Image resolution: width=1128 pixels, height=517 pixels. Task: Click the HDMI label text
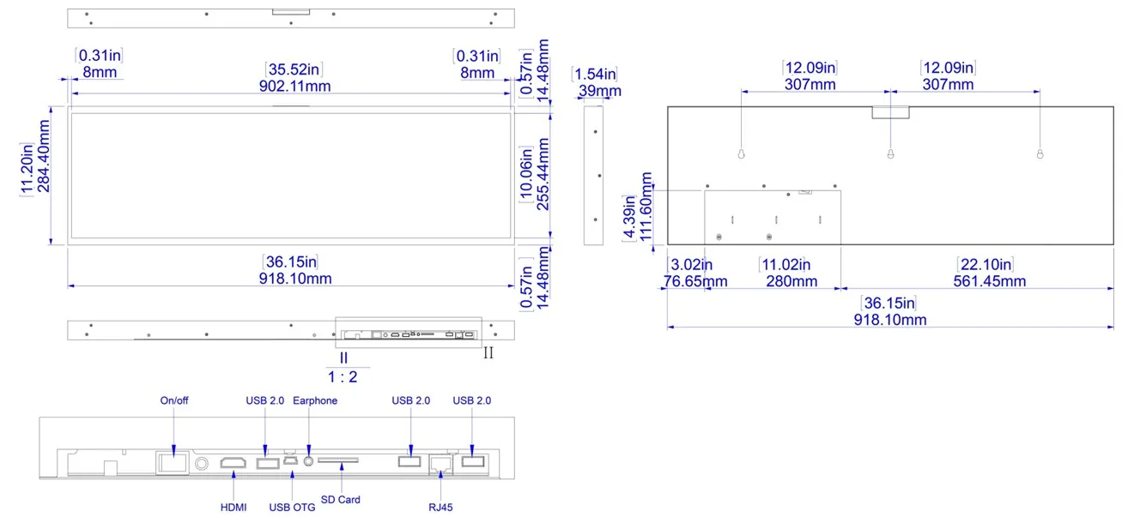233,508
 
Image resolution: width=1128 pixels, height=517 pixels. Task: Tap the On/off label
174,401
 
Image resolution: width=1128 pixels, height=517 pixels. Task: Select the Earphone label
315,401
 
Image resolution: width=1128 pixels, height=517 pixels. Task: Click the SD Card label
341,500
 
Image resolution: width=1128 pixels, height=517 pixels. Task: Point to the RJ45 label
440,508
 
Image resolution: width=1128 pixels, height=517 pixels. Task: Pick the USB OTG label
292,508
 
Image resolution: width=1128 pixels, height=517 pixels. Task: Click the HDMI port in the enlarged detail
233,463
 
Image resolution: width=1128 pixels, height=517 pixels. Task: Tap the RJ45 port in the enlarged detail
440,464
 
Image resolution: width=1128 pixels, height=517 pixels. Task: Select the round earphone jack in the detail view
309,460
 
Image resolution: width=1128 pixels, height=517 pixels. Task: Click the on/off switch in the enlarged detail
173,463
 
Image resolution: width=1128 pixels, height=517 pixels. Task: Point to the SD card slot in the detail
338,460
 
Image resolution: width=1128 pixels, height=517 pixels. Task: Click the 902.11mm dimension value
295,86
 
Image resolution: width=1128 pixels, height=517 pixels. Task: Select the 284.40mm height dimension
44,156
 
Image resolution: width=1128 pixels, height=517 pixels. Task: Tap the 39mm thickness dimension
600,91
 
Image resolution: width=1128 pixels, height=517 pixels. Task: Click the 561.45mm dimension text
990,281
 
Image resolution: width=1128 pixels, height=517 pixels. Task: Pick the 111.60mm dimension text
646,207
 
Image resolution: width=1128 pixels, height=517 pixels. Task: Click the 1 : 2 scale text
343,376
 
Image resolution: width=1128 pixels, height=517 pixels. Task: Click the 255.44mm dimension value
543,174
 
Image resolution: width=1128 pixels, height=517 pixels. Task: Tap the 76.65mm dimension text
695,281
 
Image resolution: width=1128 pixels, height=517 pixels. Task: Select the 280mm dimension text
791,281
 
